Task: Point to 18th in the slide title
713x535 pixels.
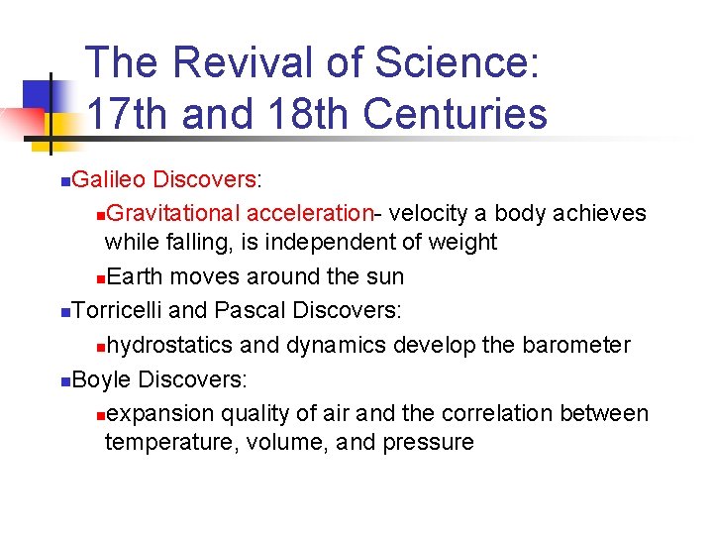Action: click(309, 114)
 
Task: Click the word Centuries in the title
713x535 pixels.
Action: click(456, 114)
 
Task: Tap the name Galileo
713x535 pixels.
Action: click(108, 179)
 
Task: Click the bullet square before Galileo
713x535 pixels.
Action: click(64, 181)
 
